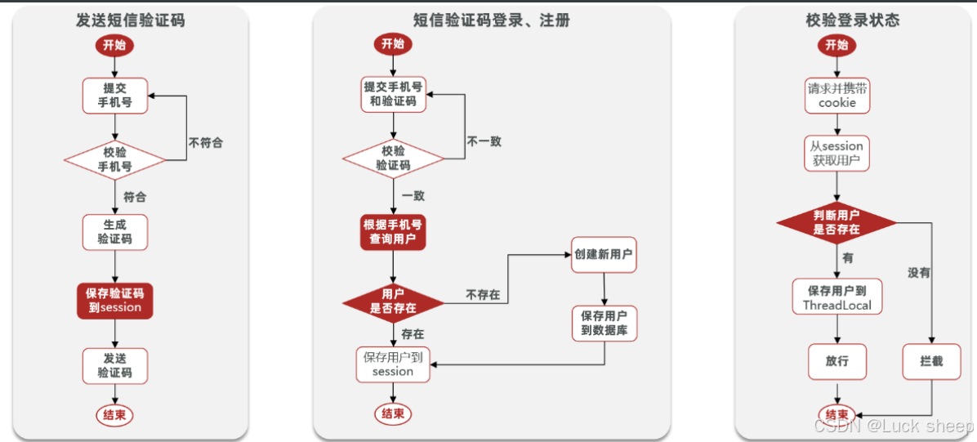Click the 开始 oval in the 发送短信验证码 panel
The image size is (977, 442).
114,45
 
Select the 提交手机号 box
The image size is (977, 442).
114,96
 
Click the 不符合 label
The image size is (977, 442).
205,142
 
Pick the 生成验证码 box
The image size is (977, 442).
114,231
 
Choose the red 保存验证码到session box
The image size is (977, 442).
114,300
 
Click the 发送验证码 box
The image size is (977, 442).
114,365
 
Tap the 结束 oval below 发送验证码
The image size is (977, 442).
114,415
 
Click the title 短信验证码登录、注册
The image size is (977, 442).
491,20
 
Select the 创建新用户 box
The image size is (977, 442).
603,254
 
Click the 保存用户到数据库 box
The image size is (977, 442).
603,323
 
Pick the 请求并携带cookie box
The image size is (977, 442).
837,96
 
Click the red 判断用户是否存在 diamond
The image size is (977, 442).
836,222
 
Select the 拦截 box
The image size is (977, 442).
931,360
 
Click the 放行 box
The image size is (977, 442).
836,361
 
